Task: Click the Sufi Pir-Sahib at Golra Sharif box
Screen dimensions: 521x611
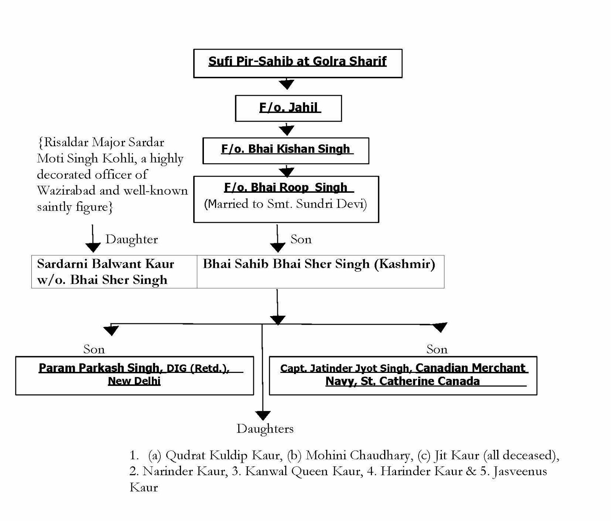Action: (x=297, y=63)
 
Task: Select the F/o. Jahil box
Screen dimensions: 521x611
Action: (x=288, y=108)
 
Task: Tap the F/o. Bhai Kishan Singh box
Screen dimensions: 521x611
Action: (x=286, y=150)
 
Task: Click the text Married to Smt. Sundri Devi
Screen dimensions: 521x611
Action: (x=286, y=204)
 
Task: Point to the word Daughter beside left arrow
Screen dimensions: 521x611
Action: (x=131, y=240)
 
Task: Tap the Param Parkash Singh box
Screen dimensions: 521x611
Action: (x=134, y=375)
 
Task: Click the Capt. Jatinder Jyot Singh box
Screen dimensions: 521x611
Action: (x=403, y=375)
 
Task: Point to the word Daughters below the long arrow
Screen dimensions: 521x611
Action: (x=265, y=429)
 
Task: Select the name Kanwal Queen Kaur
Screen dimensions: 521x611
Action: (x=303, y=471)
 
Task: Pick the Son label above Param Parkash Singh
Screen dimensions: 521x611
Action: (x=94, y=349)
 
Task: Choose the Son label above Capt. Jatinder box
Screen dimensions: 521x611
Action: (x=437, y=349)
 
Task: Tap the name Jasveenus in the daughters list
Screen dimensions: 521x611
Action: (x=520, y=471)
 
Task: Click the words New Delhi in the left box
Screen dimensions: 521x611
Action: (x=134, y=381)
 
